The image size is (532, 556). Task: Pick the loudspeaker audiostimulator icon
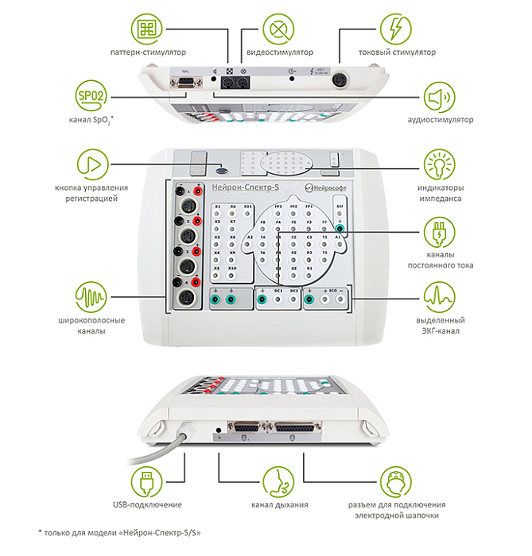[438, 98]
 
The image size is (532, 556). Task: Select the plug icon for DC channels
[438, 233]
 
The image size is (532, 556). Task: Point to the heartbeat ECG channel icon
[438, 299]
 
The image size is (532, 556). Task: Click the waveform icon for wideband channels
[91, 299]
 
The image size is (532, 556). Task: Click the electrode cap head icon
[395, 481]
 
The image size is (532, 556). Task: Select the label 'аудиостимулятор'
[438, 120]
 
